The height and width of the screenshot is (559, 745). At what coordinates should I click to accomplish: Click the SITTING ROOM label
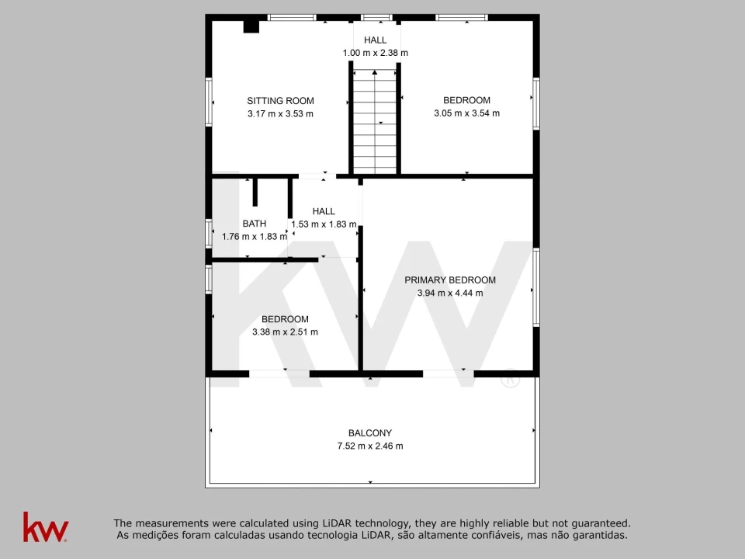point(280,101)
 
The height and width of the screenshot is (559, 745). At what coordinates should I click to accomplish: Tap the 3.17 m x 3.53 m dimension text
point(280,113)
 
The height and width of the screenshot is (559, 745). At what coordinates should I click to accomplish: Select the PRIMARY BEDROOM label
point(450,280)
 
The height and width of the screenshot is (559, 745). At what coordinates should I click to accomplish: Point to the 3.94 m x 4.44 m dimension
point(450,293)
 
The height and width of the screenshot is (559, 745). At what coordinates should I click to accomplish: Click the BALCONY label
point(370,433)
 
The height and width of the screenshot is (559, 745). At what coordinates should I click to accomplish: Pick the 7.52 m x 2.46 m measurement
point(370,446)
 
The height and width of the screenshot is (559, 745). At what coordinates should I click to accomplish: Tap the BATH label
point(255,224)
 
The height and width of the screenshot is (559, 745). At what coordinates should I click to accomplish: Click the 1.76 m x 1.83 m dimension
point(255,236)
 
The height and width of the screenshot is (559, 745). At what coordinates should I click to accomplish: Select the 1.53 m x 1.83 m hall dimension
point(324,224)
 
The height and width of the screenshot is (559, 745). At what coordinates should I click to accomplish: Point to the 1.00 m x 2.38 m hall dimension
point(376,53)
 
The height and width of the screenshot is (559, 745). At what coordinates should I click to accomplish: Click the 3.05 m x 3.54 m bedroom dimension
point(466,113)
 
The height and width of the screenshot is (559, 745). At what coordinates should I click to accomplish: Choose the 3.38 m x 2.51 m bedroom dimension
point(285,332)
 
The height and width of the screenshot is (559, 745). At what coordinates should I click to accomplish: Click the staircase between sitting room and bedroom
point(375,122)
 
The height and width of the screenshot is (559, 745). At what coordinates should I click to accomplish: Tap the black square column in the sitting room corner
point(251,26)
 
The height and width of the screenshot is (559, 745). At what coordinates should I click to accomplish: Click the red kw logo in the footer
point(46,526)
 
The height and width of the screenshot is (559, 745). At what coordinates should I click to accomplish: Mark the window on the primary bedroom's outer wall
point(536,287)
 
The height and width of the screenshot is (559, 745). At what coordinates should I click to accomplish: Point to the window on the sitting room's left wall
point(209,101)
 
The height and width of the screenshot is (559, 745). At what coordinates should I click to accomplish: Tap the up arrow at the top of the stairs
point(375,72)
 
